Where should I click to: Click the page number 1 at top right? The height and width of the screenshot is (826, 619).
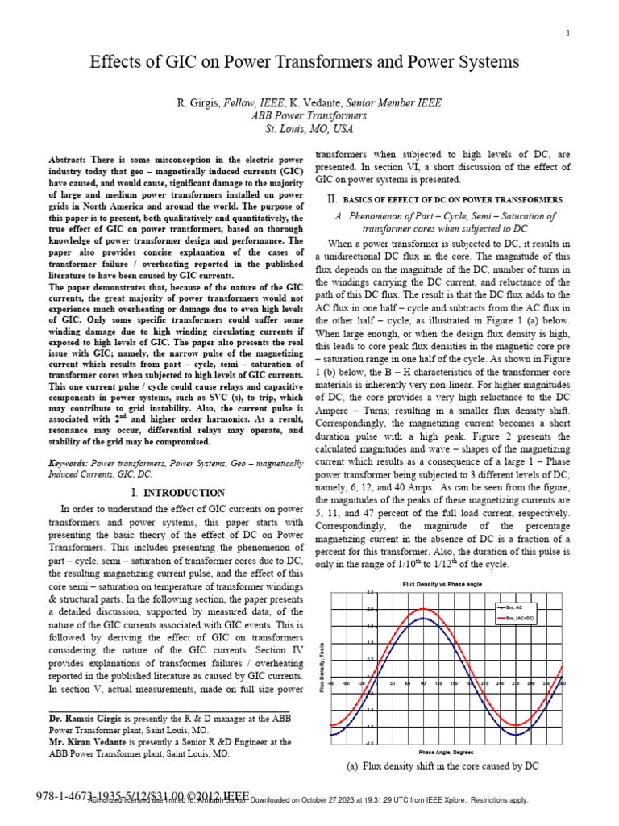point(568,33)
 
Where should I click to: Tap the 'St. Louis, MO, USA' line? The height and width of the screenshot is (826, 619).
point(309,129)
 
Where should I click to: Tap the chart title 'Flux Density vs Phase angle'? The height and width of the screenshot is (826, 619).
point(442,583)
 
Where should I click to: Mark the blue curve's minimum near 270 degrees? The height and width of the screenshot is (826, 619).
point(516,735)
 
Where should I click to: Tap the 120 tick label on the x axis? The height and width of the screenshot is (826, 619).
point(438,683)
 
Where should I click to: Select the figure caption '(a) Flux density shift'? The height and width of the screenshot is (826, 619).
point(442,766)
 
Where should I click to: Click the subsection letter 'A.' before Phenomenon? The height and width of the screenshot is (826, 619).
point(340,216)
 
